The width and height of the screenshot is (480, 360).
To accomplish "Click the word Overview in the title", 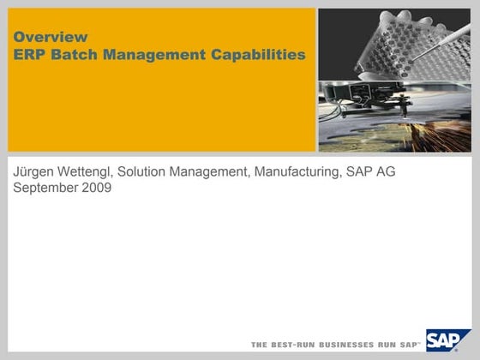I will (x=51, y=37).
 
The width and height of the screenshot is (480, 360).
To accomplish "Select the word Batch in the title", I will (x=71, y=55).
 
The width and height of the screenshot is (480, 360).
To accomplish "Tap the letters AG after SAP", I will (x=384, y=172).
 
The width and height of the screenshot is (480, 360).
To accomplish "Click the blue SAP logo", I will (x=447, y=340).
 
